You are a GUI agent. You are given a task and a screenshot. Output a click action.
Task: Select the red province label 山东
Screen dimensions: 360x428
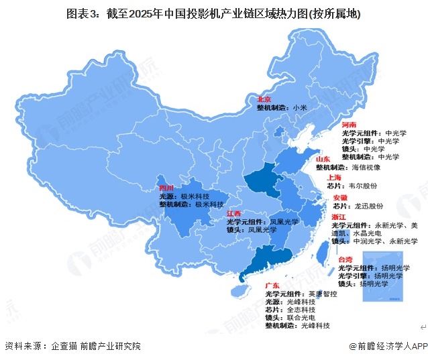pyautogui.click(x=324, y=158)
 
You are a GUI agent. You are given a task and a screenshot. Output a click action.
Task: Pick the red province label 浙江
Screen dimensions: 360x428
pyautogui.click(x=339, y=217)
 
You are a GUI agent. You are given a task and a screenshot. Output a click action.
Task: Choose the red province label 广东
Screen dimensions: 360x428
pyautogui.click(x=273, y=286)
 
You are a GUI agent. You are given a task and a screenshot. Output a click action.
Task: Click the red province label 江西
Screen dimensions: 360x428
pyautogui.click(x=234, y=213)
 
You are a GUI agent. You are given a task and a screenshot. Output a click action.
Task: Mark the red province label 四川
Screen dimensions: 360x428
pyautogui.click(x=166, y=188)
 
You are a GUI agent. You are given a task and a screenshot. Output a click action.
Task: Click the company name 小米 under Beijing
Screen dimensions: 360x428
pyautogui.click(x=299, y=107)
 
